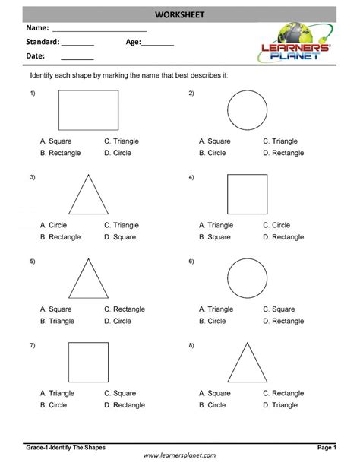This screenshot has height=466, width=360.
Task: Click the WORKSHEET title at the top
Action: [180, 14]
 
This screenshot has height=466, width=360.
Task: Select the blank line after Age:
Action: [157, 44]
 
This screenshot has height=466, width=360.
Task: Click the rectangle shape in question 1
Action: [89, 110]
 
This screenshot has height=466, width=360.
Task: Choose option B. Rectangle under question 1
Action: [61, 153]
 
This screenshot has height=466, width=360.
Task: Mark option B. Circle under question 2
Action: [213, 153]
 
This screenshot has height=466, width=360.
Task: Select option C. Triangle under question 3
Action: [122, 225]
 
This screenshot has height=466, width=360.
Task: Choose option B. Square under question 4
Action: [215, 237]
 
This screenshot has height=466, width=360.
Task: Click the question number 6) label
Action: [191, 262]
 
